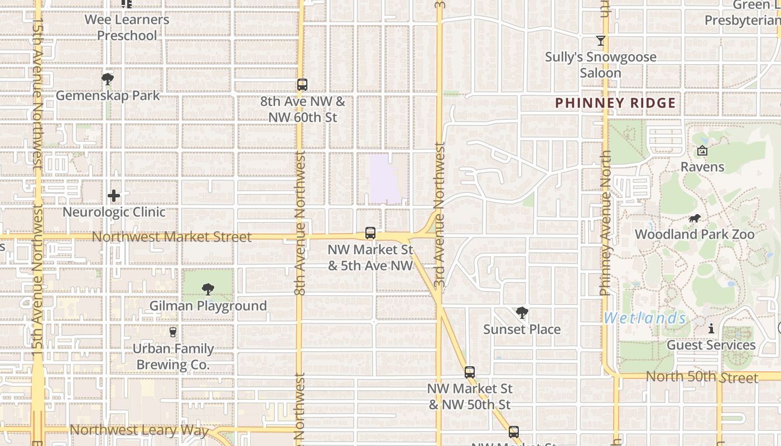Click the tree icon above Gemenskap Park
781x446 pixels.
[108, 79]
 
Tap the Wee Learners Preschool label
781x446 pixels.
[127, 27]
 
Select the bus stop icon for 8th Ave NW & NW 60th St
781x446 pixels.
[302, 85]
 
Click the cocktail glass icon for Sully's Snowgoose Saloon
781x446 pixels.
[600, 41]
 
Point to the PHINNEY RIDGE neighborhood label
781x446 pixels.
[615, 103]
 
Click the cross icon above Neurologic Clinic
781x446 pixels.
[114, 196]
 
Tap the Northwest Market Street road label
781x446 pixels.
[172, 237]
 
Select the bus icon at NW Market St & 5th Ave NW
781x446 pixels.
[370, 233]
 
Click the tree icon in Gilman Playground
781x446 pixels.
[208, 289]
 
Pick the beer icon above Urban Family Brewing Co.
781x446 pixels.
[173, 332]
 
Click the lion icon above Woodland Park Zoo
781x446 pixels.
[695, 219]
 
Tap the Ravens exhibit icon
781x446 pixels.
[702, 151]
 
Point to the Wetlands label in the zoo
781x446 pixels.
[644, 318]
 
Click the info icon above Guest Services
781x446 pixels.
[711, 329]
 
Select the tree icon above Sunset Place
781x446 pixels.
[522, 313]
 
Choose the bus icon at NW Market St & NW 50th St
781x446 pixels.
[470, 372]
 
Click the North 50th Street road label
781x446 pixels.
[702, 377]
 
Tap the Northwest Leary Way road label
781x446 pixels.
[139, 430]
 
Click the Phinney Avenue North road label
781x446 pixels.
[605, 223]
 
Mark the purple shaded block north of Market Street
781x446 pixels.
[385, 178]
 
